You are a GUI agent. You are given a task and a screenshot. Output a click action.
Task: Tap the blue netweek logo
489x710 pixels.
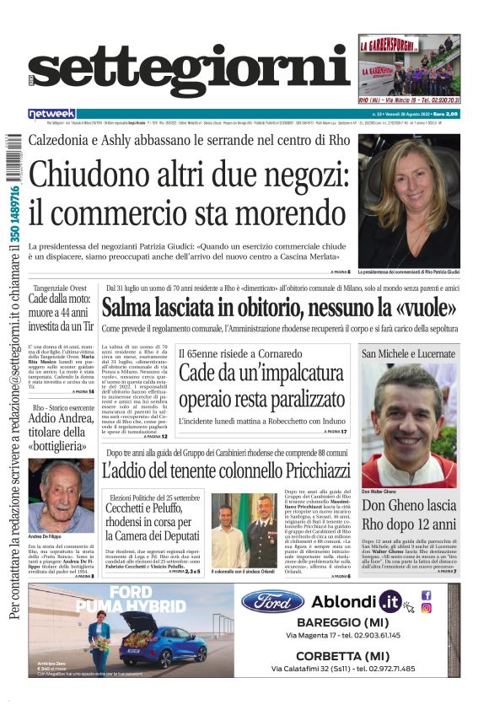[51, 114]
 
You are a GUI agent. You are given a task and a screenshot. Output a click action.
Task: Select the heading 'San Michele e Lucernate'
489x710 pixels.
[409, 354]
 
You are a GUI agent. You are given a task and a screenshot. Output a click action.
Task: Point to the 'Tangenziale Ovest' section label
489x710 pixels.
[59, 288]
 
